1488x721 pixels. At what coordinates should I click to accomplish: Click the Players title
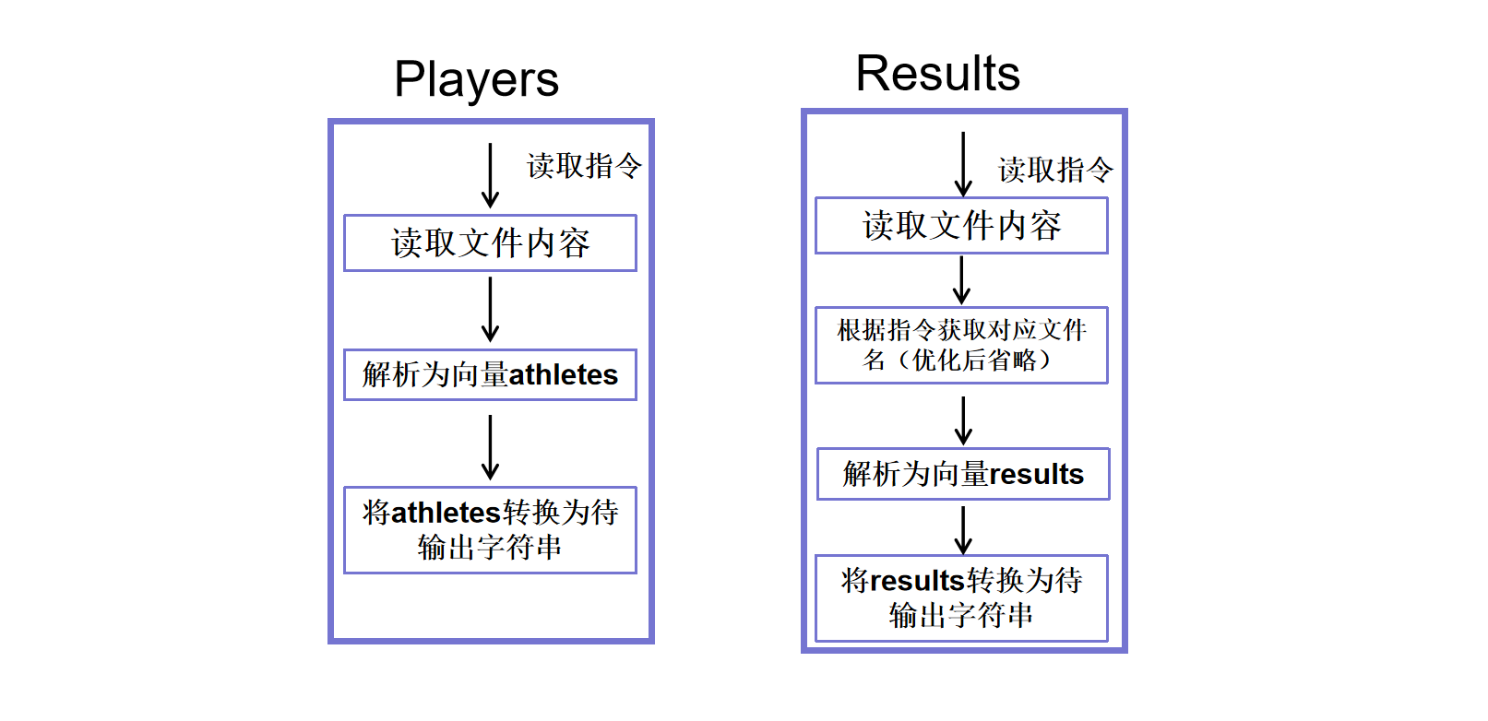(476, 79)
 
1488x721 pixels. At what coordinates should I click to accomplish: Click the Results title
(937, 73)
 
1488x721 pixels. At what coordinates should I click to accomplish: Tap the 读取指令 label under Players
(584, 166)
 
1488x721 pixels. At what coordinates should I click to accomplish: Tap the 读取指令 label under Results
(1055, 170)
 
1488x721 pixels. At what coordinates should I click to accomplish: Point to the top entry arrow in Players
(490, 175)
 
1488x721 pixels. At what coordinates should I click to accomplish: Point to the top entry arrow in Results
(962, 164)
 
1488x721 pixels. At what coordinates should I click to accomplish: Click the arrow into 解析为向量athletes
(490, 310)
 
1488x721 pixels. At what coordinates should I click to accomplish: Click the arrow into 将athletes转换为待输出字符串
(490, 447)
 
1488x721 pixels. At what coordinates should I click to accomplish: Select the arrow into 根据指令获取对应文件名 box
(961, 280)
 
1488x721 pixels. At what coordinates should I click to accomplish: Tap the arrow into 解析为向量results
(962, 421)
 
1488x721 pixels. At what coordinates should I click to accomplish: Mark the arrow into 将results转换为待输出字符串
(962, 530)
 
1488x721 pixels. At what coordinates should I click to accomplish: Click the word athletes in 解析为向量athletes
(564, 375)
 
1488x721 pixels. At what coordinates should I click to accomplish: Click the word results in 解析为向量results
(1036, 474)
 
